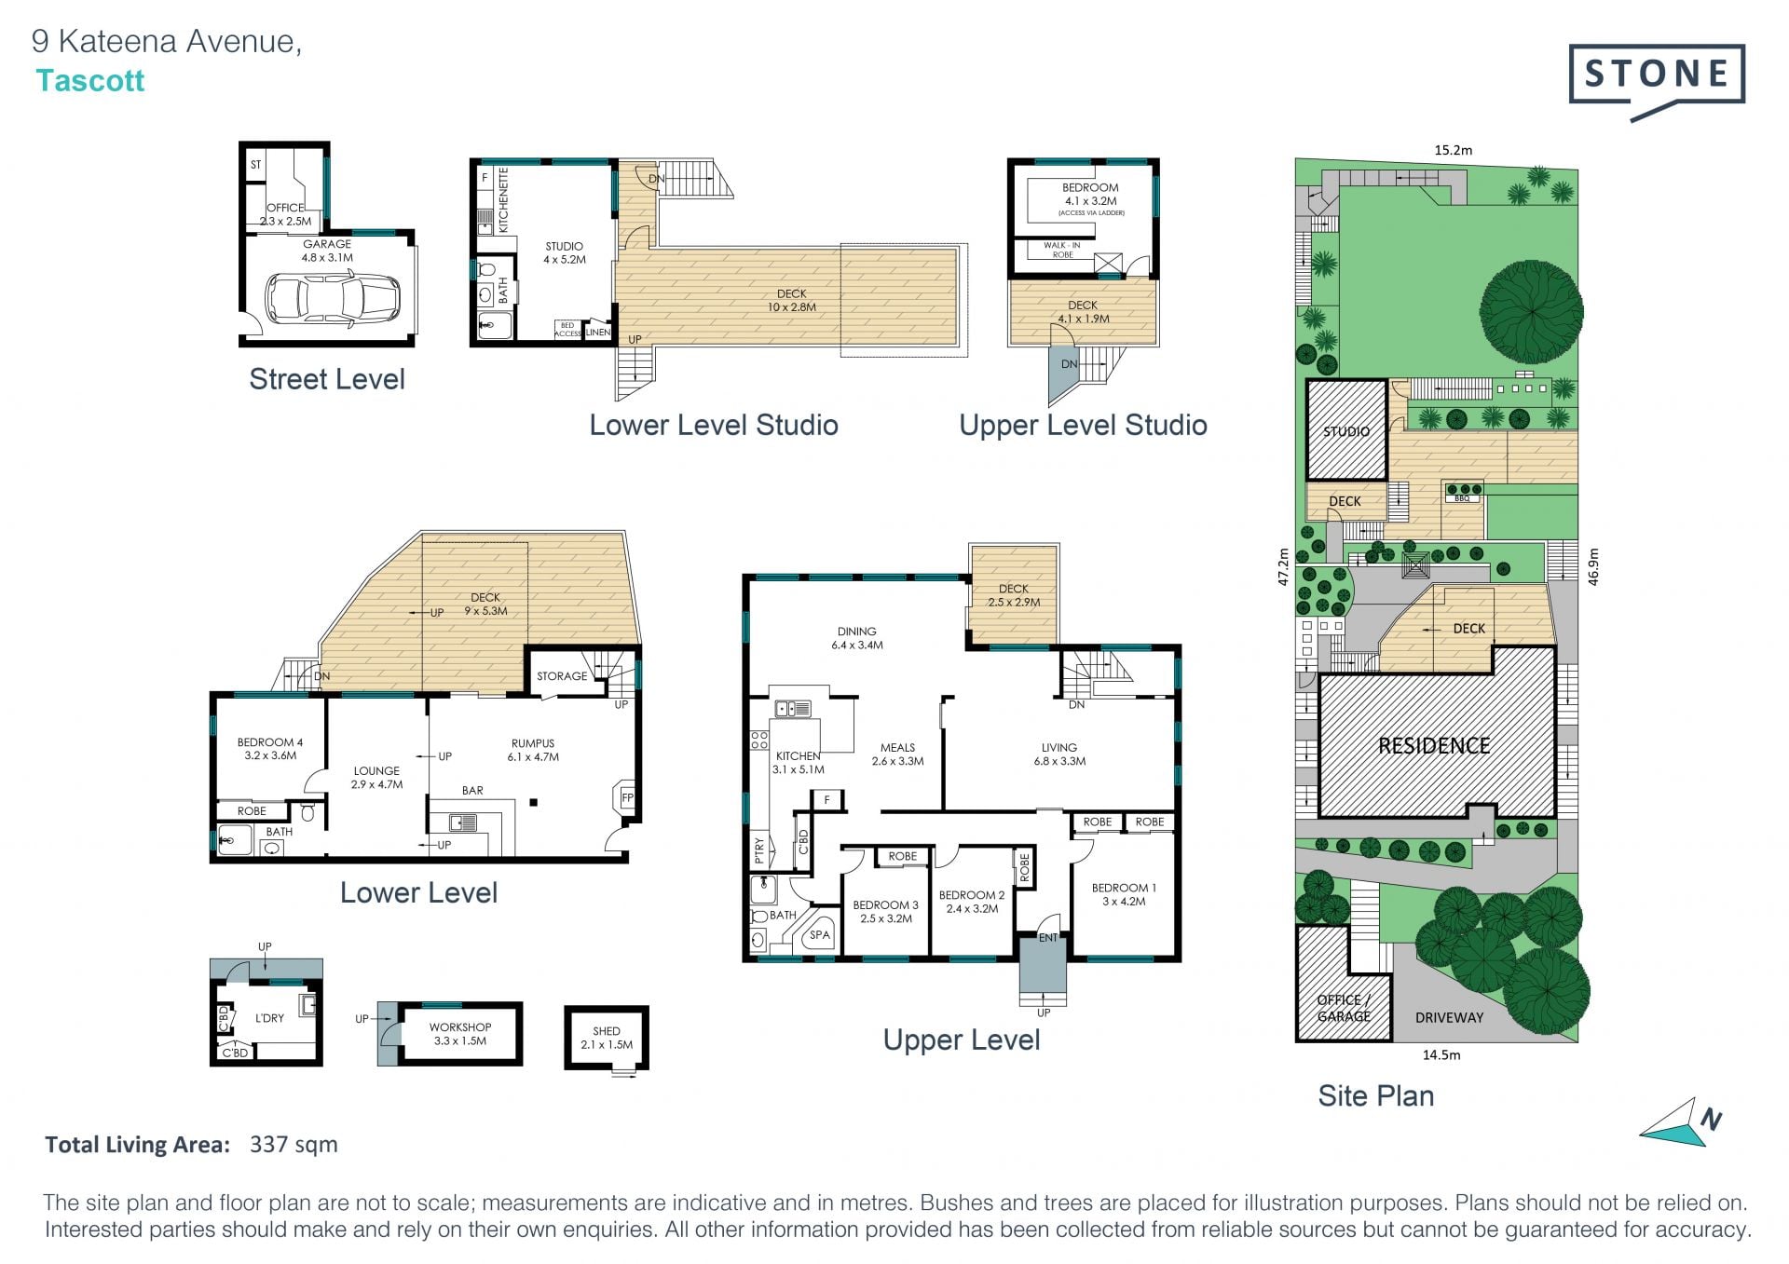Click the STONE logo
point(1657,81)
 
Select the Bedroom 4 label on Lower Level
point(270,749)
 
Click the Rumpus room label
point(533,750)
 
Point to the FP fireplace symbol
point(627,798)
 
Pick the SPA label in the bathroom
point(820,935)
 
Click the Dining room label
point(857,638)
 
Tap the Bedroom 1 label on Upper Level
point(1124,894)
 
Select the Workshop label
point(460,1034)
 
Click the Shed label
point(607,1038)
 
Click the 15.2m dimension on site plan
point(1454,149)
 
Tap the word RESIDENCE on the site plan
point(1434,745)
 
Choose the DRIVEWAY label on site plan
point(1449,1017)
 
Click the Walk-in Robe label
point(1062,250)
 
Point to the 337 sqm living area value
point(294,1145)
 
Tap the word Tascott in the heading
point(90,81)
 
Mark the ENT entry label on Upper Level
point(1048,938)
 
